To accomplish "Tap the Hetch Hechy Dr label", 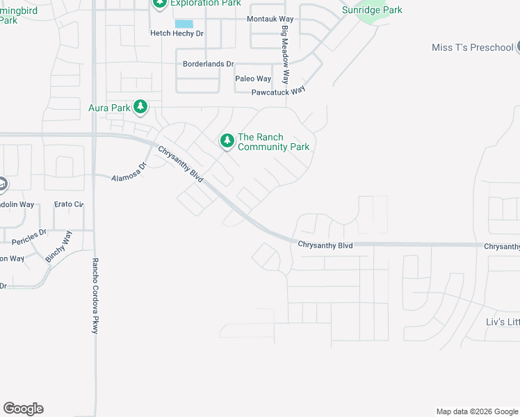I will click(x=177, y=33).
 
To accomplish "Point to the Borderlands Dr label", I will click(x=208, y=64).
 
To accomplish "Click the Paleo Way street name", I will click(x=253, y=79).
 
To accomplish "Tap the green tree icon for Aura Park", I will click(x=141, y=106).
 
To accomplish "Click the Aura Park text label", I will click(x=109, y=108).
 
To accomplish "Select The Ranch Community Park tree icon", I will click(x=227, y=141).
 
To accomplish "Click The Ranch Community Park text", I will click(x=273, y=142).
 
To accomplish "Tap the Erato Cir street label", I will click(x=69, y=204).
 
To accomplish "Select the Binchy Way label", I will click(x=58, y=246).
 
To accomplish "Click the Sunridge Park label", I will click(x=372, y=10).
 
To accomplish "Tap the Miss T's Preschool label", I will click(x=472, y=47).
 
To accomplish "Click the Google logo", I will click(x=23, y=409).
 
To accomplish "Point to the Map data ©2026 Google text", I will click(x=476, y=411).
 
